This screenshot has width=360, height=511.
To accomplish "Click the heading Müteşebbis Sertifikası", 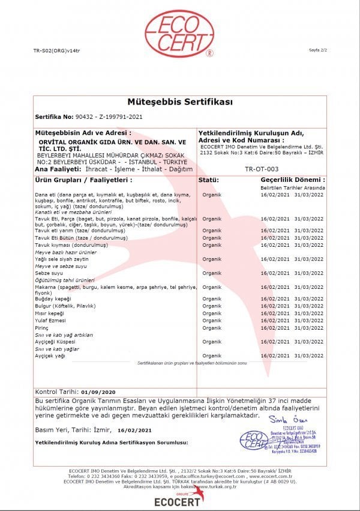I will click(179, 103).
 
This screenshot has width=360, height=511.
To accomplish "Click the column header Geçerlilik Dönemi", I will click(292, 180).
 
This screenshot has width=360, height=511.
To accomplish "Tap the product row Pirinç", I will click(42, 328).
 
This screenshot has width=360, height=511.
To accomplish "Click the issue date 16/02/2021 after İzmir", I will click(134, 431).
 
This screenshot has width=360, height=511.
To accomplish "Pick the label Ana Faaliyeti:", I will click(54, 170).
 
